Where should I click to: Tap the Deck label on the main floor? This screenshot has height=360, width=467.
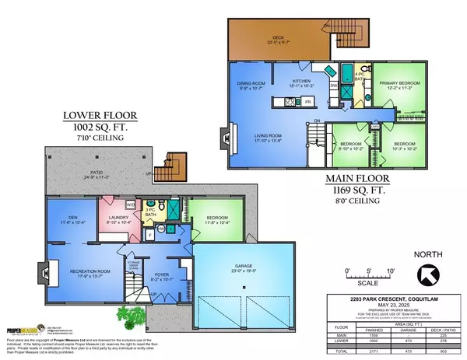277,40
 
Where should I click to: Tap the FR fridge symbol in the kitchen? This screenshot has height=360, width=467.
308,101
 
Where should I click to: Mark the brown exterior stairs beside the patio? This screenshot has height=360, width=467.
168,167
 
